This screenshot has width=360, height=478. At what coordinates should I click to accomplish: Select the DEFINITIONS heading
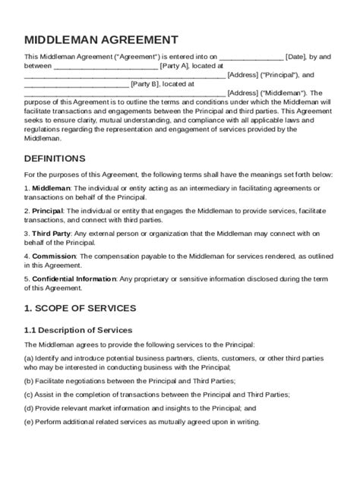pyautogui.click(x=55, y=159)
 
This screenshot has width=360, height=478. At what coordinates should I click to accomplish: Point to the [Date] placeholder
pyautogui.click(x=297, y=56)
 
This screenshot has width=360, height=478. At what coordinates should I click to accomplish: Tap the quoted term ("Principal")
pyautogui.click(x=274, y=76)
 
